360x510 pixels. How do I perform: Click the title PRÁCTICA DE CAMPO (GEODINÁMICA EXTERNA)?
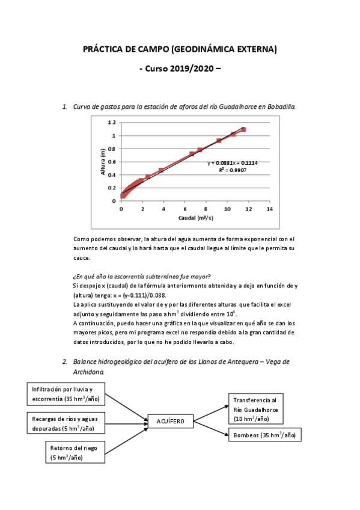(180, 49)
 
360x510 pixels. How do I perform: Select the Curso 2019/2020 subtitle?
(180, 69)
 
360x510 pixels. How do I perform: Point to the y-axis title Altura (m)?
(103, 162)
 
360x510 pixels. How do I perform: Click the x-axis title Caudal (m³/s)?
(195, 218)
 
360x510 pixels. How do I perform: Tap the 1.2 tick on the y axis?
(111, 122)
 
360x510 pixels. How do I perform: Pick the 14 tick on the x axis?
(269, 209)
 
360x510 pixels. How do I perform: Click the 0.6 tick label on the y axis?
(111, 162)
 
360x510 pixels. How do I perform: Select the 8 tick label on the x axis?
(206, 209)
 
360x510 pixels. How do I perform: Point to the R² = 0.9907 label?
(233, 170)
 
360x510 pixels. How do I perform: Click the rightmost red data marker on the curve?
(243, 129)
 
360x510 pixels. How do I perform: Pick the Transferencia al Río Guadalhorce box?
(255, 409)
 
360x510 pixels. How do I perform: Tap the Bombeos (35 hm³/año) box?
(264, 435)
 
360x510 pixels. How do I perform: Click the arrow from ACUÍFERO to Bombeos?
(210, 428)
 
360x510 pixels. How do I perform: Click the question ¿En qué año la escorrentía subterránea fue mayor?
(141, 276)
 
